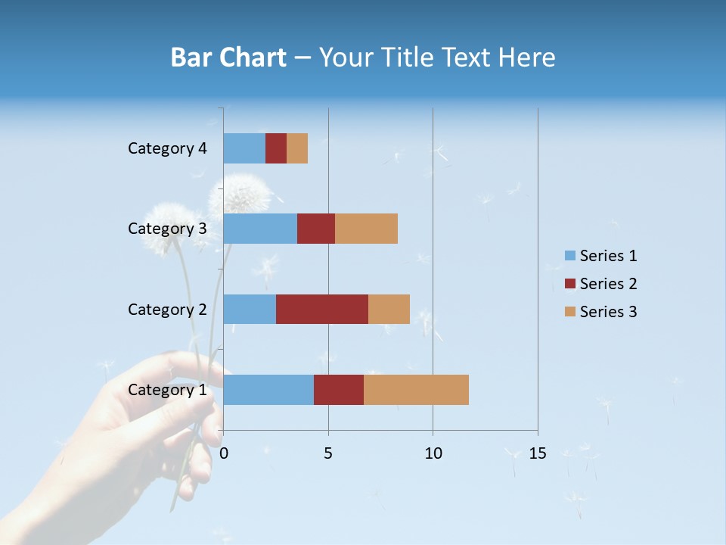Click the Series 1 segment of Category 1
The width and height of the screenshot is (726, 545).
[268, 390]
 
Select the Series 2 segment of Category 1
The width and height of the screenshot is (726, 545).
[339, 390]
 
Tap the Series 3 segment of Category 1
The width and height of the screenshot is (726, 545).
[416, 390]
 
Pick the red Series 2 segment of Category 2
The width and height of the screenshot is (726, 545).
[322, 309]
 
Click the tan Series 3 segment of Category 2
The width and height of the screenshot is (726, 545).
[389, 309]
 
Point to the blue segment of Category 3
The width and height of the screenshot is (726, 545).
[260, 229]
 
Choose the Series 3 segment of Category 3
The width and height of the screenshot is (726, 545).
[366, 229]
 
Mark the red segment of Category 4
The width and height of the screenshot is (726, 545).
[276, 148]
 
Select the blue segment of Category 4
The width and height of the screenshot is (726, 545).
[244, 148]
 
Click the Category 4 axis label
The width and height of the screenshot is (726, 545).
[167, 148]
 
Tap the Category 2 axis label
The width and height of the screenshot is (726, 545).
[167, 309]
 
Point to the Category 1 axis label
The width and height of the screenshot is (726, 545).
[167, 390]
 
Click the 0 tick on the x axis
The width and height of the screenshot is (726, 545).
[224, 453]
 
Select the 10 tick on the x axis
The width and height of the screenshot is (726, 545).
[433, 453]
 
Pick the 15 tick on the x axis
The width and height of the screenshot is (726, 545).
[537, 453]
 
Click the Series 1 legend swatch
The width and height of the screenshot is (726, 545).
[569, 256]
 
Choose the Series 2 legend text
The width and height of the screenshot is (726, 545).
[608, 284]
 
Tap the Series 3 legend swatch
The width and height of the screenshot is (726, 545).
[569, 312]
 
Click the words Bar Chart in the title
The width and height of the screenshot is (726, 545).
[228, 58]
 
